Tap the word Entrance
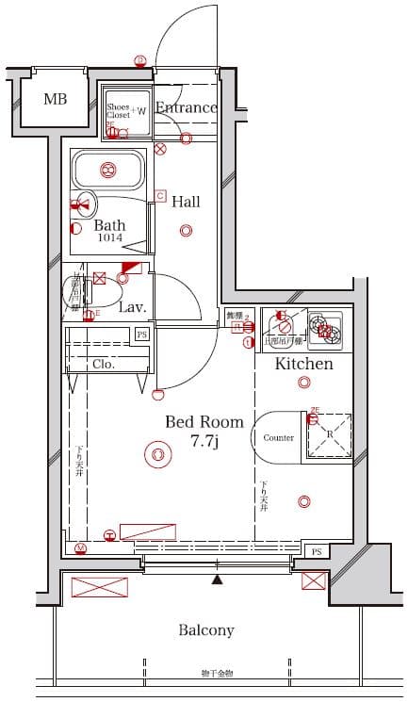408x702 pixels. pyautogui.click(x=186, y=107)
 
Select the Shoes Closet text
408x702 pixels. pyautogui.click(x=118, y=111)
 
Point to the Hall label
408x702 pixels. pyautogui.click(x=186, y=201)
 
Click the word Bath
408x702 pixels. pyautogui.click(x=109, y=226)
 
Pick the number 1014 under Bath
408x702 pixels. pyautogui.click(x=109, y=239)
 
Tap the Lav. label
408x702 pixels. pyautogui.click(x=131, y=306)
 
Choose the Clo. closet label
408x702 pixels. pyautogui.click(x=104, y=364)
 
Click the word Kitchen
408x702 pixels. pyautogui.click(x=303, y=363)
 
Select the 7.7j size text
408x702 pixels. pyautogui.click(x=204, y=441)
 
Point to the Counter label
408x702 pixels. pyautogui.click(x=278, y=438)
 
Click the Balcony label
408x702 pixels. pyautogui.click(x=206, y=629)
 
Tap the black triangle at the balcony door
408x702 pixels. pyautogui.click(x=218, y=578)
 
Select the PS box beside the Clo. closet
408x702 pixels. pyautogui.click(x=142, y=335)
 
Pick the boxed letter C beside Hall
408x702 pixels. pyautogui.click(x=160, y=195)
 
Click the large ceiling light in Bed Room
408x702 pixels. pyautogui.click(x=156, y=455)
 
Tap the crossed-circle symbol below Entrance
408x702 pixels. pyautogui.click(x=160, y=148)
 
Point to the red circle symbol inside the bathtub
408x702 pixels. pyautogui.click(x=107, y=171)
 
